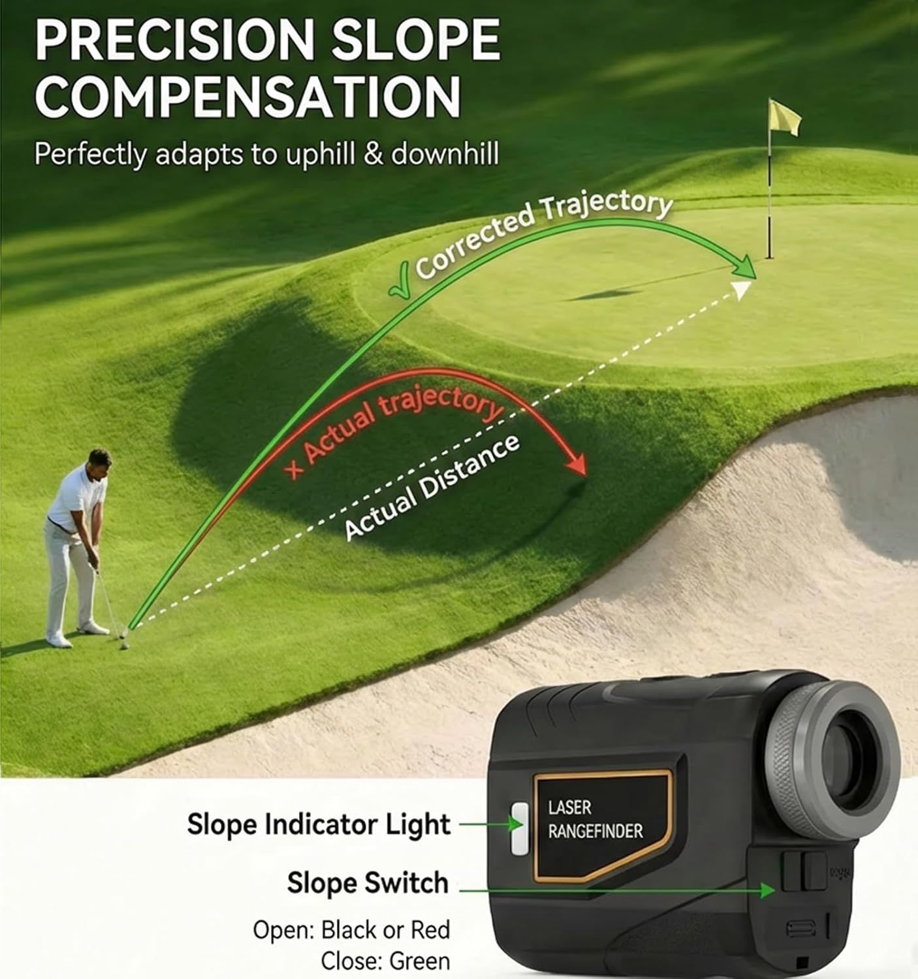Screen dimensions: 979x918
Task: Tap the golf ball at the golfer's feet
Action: (x=124, y=645)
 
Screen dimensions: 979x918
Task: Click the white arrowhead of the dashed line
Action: (x=740, y=289)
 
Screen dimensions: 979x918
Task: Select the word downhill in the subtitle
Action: (x=445, y=155)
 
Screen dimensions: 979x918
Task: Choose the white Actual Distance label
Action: (x=431, y=486)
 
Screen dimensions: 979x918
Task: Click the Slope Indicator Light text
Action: (x=319, y=824)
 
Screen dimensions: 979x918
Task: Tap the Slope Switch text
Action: (x=368, y=883)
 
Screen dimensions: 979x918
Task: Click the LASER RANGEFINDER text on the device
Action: (x=594, y=820)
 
